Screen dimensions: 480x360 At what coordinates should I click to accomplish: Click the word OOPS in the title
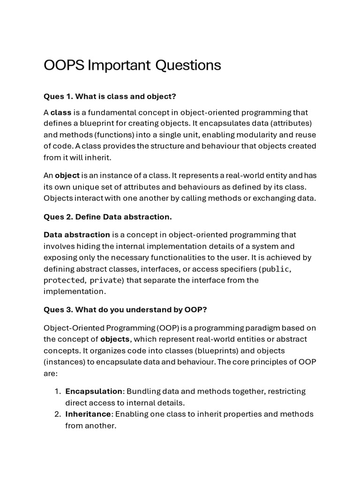(64, 65)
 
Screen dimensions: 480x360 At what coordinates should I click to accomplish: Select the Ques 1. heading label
(58, 96)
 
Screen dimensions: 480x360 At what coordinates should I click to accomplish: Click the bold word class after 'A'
(61, 112)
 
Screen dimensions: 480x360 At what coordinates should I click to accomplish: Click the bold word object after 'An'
(67, 175)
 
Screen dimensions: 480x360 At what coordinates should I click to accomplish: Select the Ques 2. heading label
(58, 217)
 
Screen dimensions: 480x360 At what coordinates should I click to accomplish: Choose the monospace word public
(276, 269)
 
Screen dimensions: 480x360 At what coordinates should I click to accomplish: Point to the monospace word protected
(64, 280)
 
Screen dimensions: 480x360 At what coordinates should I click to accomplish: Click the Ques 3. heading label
(58, 310)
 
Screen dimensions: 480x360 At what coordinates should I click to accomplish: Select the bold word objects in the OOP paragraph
(115, 339)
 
